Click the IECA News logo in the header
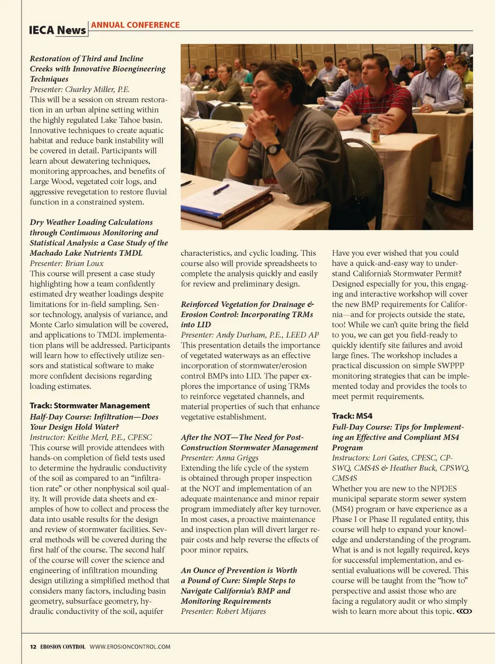pyautogui.click(x=58, y=30)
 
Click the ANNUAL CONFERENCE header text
pyautogui.click(x=135, y=25)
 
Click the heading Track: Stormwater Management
pyautogui.click(x=90, y=406)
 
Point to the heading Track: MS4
pyautogui.click(x=352, y=416)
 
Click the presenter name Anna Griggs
pyautogui.click(x=237, y=458)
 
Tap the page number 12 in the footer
pyautogui.click(x=33, y=646)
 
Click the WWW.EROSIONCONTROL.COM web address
pyautogui.click(x=130, y=646)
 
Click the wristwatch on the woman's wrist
pyautogui.click(x=273, y=150)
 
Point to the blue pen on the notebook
pyautogui.click(x=221, y=189)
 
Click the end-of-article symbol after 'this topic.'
pyautogui.click(x=464, y=611)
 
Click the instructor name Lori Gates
pyautogui.click(x=391, y=458)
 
